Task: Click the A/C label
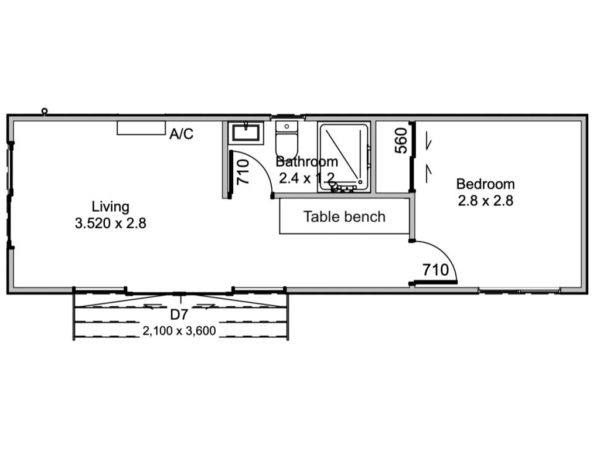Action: [x=182, y=134]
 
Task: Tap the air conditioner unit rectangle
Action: [x=141, y=128]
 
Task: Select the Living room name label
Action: [x=110, y=207]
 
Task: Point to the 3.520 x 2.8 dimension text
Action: [x=110, y=223]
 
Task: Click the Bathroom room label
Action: [x=307, y=162]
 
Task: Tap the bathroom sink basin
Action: [x=246, y=133]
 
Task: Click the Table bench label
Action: [x=345, y=216]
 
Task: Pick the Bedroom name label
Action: [x=485, y=184]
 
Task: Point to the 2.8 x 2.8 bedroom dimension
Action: [x=485, y=201]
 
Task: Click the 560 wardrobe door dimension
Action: [x=401, y=141]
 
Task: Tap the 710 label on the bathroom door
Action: [x=243, y=172]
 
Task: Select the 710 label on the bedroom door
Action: [x=435, y=270]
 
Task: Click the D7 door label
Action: [x=179, y=314]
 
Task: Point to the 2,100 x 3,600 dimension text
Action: [x=179, y=330]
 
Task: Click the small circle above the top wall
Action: [x=45, y=111]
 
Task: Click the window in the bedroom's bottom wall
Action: [x=519, y=292]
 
